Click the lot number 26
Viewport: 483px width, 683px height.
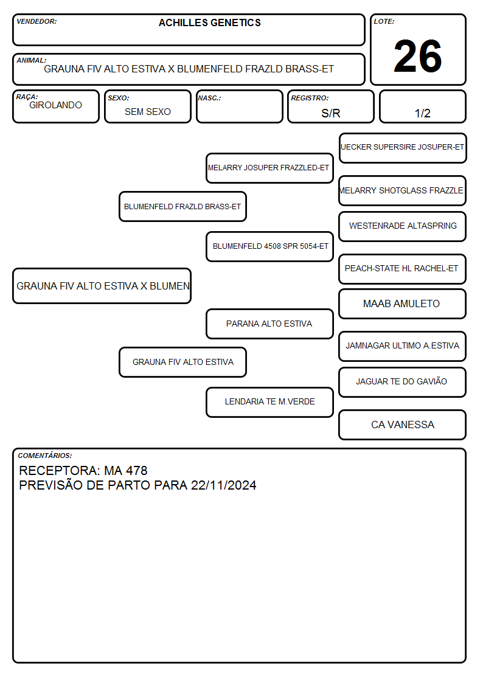pyautogui.click(x=418, y=56)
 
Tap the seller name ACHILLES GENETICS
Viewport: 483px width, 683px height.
pyautogui.click(x=209, y=23)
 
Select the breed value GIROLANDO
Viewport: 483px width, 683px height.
pyautogui.click(x=55, y=105)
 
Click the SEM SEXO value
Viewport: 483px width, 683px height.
pyautogui.click(x=148, y=112)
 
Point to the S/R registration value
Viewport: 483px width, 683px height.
pyautogui.click(x=330, y=113)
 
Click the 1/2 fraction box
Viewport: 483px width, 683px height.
pyautogui.click(x=422, y=106)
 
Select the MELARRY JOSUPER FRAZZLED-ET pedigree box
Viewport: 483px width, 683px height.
pyautogui.click(x=269, y=168)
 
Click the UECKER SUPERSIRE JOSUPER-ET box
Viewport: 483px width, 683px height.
pyautogui.click(x=403, y=148)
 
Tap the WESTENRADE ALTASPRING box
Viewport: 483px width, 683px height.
pyautogui.click(x=403, y=226)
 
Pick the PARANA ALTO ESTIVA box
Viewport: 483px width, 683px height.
pyautogui.click(x=269, y=324)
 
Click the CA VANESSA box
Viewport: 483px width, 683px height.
pyautogui.click(x=403, y=425)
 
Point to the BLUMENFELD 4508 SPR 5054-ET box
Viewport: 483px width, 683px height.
pyautogui.click(x=269, y=246)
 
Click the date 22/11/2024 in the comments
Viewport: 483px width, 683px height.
pyautogui.click(x=223, y=485)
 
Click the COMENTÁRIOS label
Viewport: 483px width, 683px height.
pyautogui.click(x=45, y=456)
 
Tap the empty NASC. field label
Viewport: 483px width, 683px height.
pyautogui.click(x=209, y=99)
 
